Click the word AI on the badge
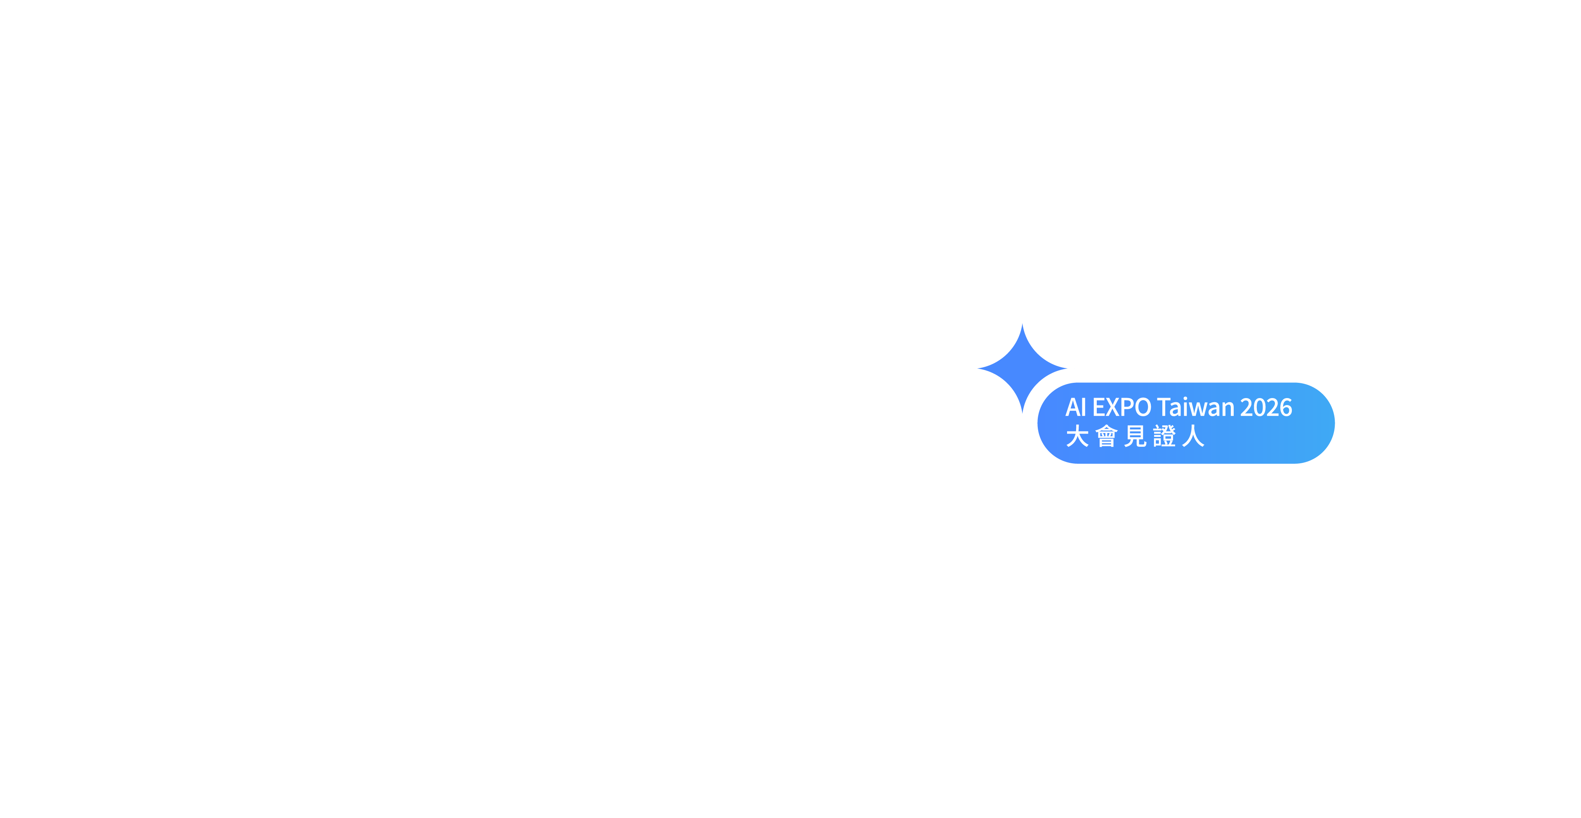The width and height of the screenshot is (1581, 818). coord(1075,408)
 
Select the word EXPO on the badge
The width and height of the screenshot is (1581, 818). coord(1122,408)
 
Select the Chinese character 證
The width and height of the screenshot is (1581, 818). coord(1164,436)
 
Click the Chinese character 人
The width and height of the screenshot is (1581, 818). coord(1193,436)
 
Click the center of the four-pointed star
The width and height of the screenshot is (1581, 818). coord(1022,369)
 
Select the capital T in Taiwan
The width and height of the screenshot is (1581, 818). coord(1164,408)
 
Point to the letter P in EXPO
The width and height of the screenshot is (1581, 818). coord(1128,408)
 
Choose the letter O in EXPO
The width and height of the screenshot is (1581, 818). coord(1142,408)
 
